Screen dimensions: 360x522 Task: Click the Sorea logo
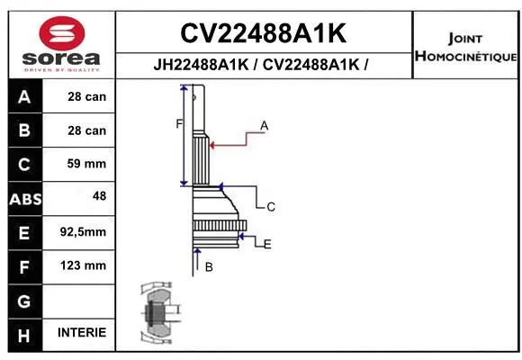[61, 44]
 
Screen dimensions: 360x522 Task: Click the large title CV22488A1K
[263, 33]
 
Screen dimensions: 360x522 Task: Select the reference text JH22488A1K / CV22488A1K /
[263, 65]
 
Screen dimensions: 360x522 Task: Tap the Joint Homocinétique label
[464, 48]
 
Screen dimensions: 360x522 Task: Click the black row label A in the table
[23, 97]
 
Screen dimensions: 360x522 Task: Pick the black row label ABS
[23, 199]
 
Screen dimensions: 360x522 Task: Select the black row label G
[23, 300]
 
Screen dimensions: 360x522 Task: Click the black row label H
[23, 334]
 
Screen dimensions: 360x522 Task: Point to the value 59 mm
[86, 165]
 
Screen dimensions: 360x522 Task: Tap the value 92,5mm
[83, 232]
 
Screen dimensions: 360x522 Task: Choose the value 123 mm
[86, 265]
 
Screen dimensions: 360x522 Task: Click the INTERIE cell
[82, 333]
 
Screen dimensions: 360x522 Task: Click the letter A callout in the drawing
[265, 126]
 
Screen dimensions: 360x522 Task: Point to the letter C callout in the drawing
[270, 207]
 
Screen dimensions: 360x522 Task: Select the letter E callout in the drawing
[267, 243]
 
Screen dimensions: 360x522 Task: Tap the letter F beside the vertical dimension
[178, 123]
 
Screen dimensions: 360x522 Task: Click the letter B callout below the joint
[209, 267]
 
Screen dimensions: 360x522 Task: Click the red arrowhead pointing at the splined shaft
[211, 142]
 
